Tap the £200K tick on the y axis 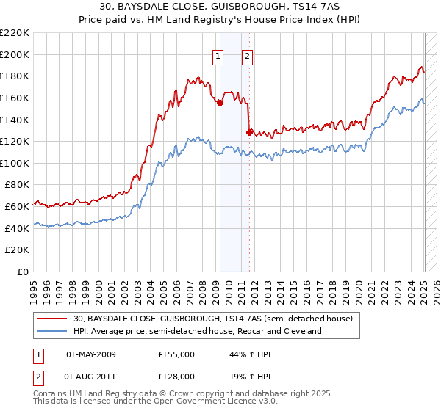pyautogui.click(x=15, y=54)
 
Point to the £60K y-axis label pyautogui.click(x=17, y=207)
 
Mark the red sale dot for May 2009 pyautogui.click(x=220, y=103)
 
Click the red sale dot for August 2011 pyautogui.click(x=249, y=132)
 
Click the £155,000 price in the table pyautogui.click(x=176, y=354)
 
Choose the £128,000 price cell pyautogui.click(x=176, y=379)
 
